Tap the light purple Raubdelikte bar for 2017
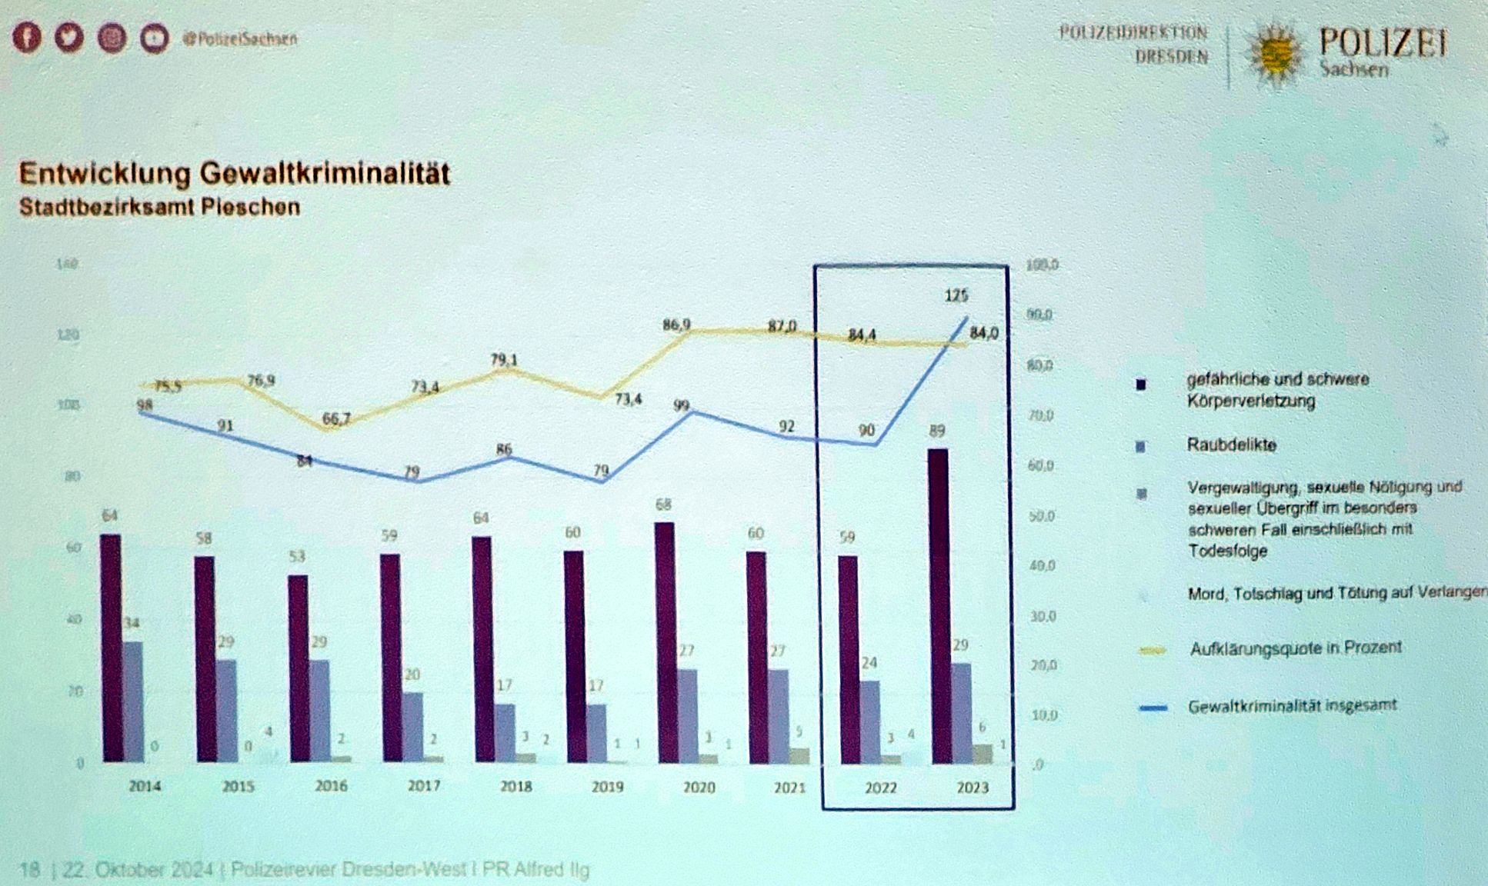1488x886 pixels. click(x=413, y=727)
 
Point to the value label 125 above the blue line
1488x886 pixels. click(x=956, y=295)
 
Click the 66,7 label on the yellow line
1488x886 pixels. click(x=336, y=419)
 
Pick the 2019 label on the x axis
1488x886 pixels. click(x=607, y=787)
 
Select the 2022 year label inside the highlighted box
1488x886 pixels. click(x=880, y=788)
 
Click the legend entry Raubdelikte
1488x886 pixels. click(x=1231, y=445)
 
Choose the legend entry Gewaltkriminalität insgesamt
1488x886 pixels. click(x=1292, y=706)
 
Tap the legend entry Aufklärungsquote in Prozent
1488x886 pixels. click(x=1296, y=648)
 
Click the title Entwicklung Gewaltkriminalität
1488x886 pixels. click(x=234, y=173)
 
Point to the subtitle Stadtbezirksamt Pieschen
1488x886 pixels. click(x=159, y=208)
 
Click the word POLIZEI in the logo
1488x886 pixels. click(x=1383, y=42)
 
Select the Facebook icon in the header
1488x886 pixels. click(x=27, y=38)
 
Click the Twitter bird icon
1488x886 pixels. click(x=69, y=38)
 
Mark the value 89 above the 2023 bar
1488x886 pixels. click(x=936, y=431)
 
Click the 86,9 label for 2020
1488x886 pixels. click(x=676, y=325)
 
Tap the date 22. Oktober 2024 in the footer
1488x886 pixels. click(x=138, y=870)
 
